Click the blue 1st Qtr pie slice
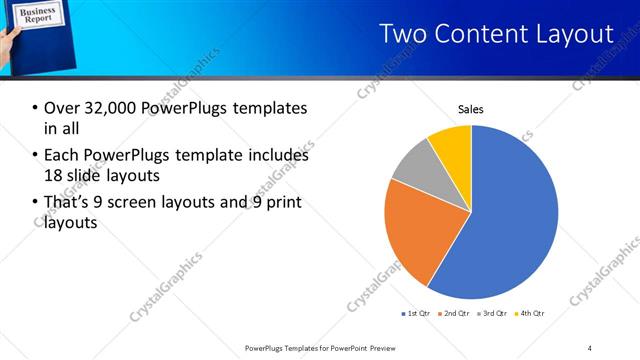coord(510,220)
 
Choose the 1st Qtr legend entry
coord(417,314)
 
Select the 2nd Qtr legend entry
coord(455,314)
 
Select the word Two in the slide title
coord(404,34)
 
